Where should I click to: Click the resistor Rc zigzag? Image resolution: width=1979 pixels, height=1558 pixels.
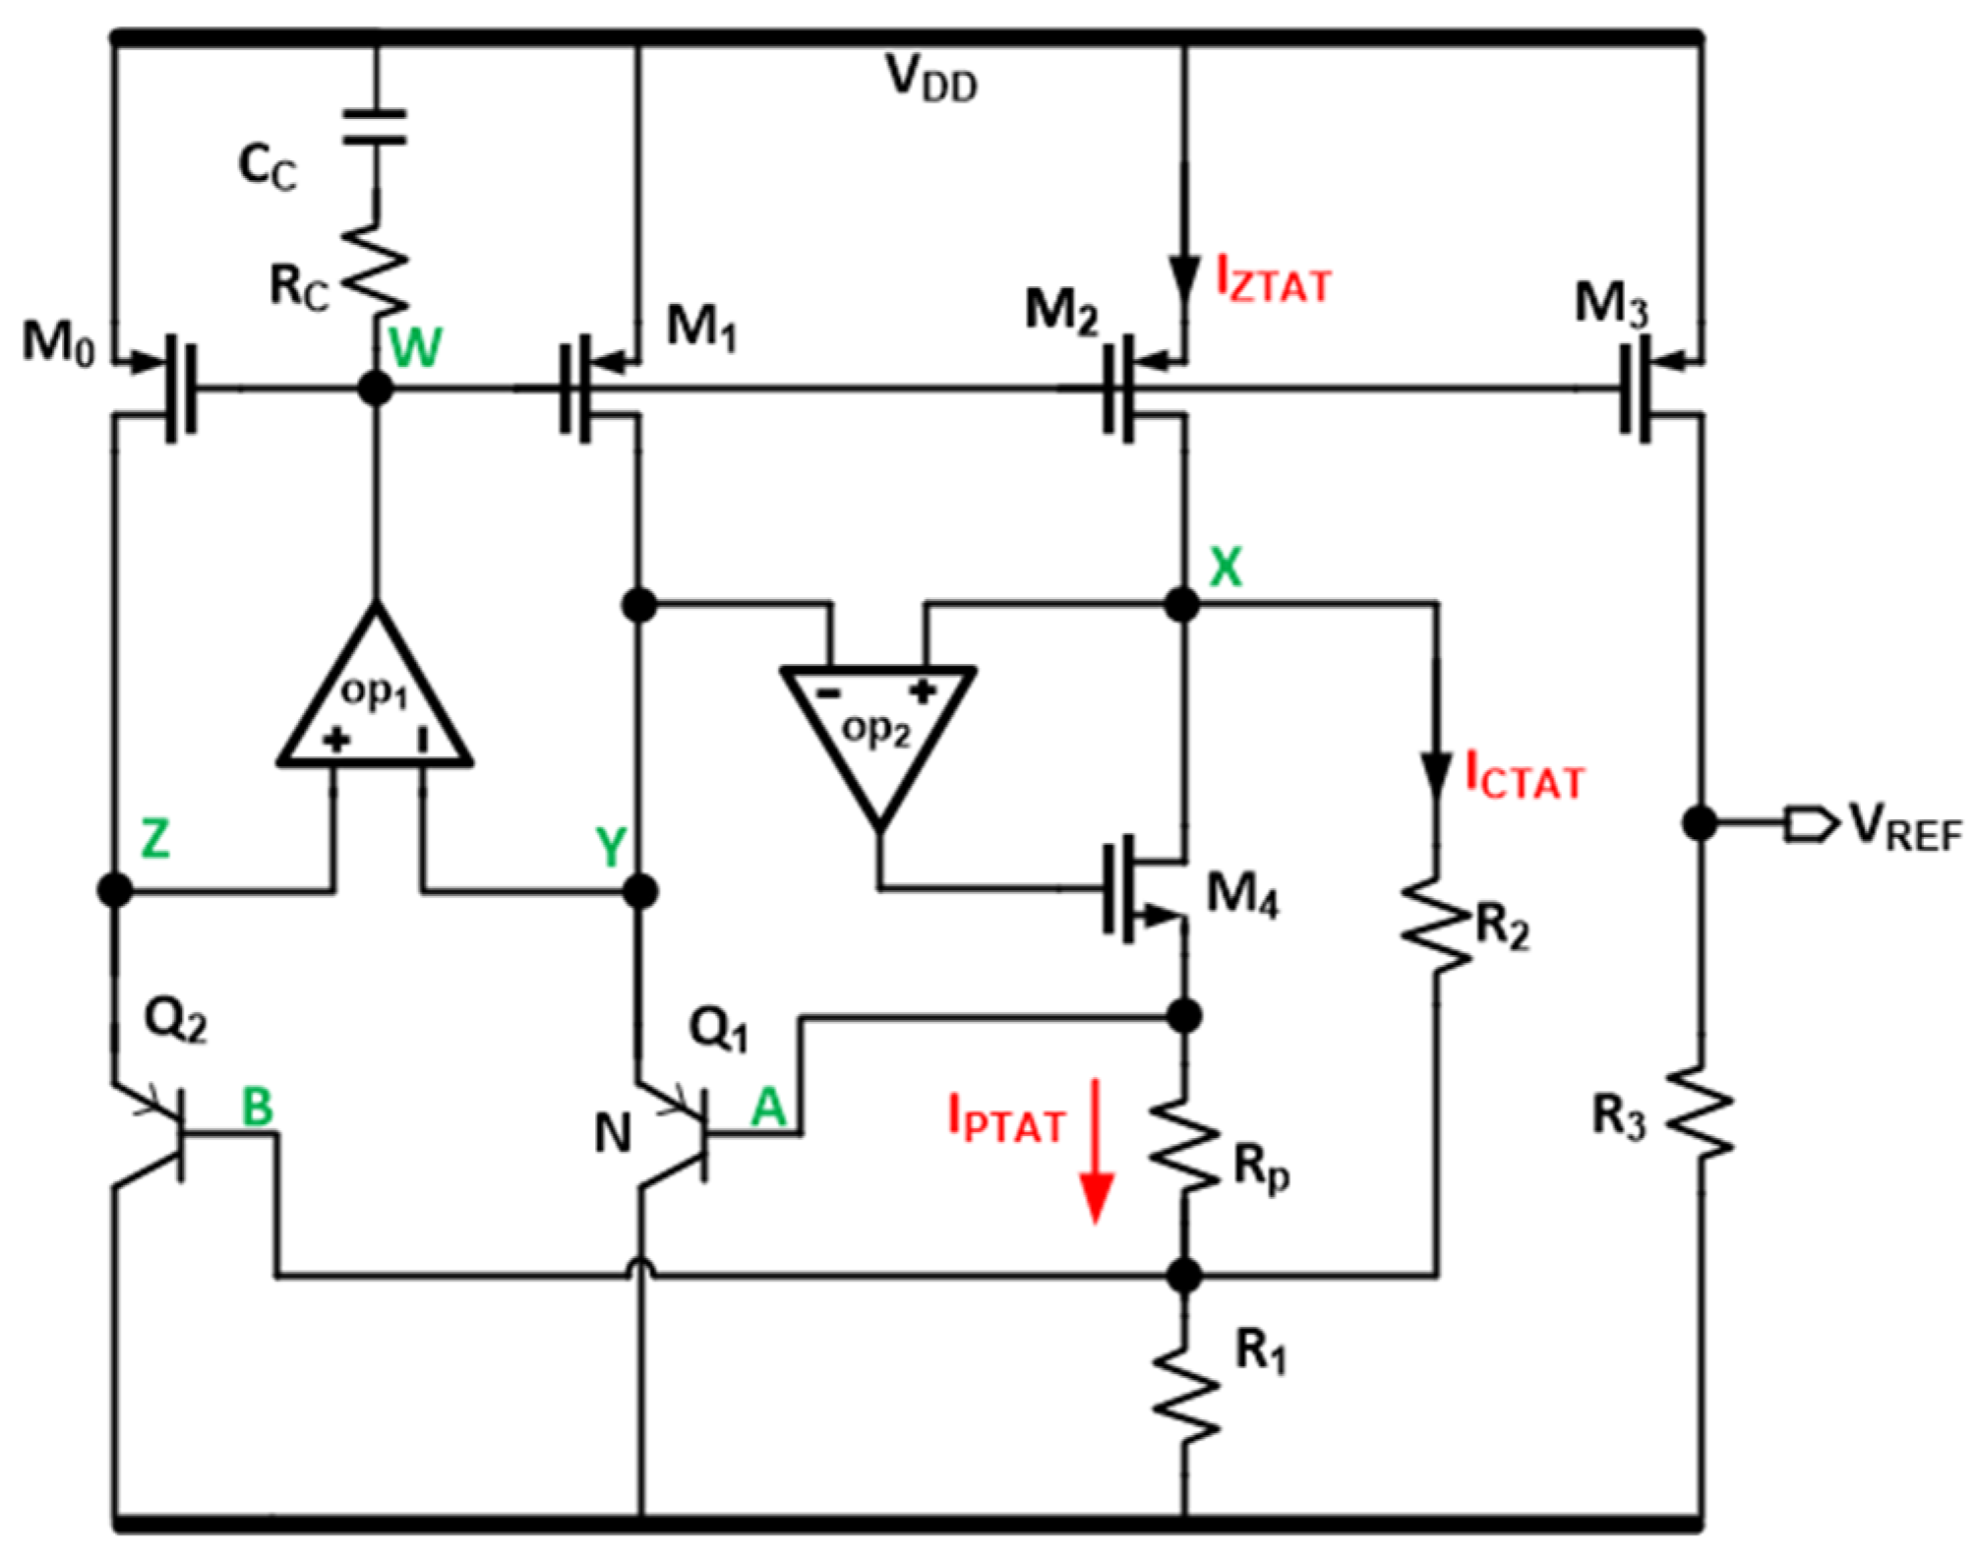[375, 266]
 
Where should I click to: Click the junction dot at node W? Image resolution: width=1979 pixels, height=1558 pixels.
[375, 388]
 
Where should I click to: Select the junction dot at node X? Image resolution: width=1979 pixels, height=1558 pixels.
[1181, 603]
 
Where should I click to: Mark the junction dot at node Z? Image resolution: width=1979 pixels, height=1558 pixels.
[115, 889]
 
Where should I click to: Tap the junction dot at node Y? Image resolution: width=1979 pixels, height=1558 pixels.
[640, 891]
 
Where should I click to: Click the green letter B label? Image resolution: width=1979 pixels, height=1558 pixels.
[258, 1108]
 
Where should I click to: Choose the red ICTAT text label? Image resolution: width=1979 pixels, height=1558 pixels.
[1525, 776]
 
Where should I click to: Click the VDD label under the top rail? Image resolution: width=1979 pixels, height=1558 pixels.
[930, 79]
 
